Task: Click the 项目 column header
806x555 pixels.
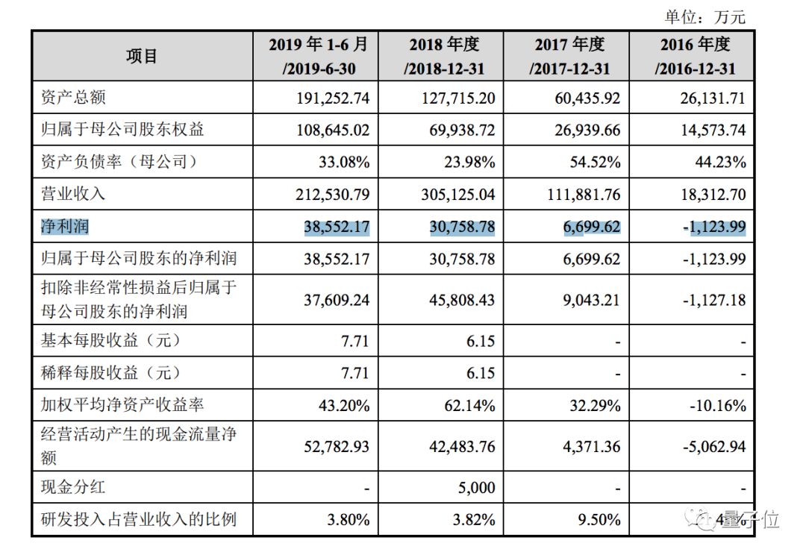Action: tap(141, 56)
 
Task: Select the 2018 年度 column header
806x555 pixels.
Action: tap(444, 56)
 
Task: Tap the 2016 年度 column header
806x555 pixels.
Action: tap(695, 56)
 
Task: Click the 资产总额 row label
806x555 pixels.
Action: tap(73, 97)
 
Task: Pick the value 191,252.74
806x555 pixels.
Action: tap(333, 98)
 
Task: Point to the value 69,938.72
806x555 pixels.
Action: tap(462, 130)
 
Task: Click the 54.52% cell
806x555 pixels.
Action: tap(595, 163)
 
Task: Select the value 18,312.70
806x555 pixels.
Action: tap(713, 194)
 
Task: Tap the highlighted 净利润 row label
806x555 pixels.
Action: tap(65, 226)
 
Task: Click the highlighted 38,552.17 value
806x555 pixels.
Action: tap(337, 227)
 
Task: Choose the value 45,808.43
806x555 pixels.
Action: tap(462, 300)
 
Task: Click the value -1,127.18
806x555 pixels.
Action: tap(714, 300)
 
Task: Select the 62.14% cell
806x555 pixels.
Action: tap(469, 406)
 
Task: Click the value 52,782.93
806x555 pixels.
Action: tap(337, 446)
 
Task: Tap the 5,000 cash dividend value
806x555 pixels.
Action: tap(476, 487)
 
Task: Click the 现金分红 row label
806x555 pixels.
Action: tap(73, 486)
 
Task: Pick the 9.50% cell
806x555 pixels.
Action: tap(599, 519)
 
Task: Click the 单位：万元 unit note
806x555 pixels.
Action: tap(705, 16)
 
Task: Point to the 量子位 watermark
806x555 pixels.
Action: tap(754, 519)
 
